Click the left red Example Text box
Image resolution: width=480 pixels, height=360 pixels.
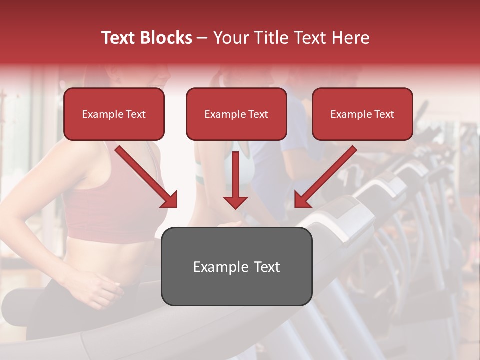tap(114, 114)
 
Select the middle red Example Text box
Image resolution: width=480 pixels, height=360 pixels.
tap(236, 114)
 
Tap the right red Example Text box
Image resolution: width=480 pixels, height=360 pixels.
tap(362, 114)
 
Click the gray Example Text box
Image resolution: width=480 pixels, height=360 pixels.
tap(236, 266)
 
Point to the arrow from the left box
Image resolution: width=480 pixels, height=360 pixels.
tap(145, 175)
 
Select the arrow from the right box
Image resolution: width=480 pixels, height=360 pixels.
tap(327, 175)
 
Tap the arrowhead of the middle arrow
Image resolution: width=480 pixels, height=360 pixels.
tap(235, 202)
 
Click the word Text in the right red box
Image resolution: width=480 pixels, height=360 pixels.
tap(384, 114)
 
